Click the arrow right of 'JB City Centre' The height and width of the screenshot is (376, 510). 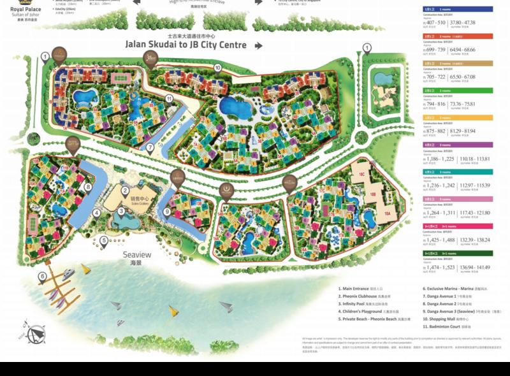(x=259, y=45)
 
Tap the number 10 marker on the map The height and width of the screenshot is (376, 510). (x=217, y=68)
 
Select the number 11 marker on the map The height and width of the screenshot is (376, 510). (x=169, y=98)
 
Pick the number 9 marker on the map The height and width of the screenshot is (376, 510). (x=167, y=212)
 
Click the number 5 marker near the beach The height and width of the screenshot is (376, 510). (x=104, y=240)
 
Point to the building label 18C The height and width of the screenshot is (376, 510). (x=361, y=173)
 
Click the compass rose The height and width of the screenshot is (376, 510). (x=34, y=332)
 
